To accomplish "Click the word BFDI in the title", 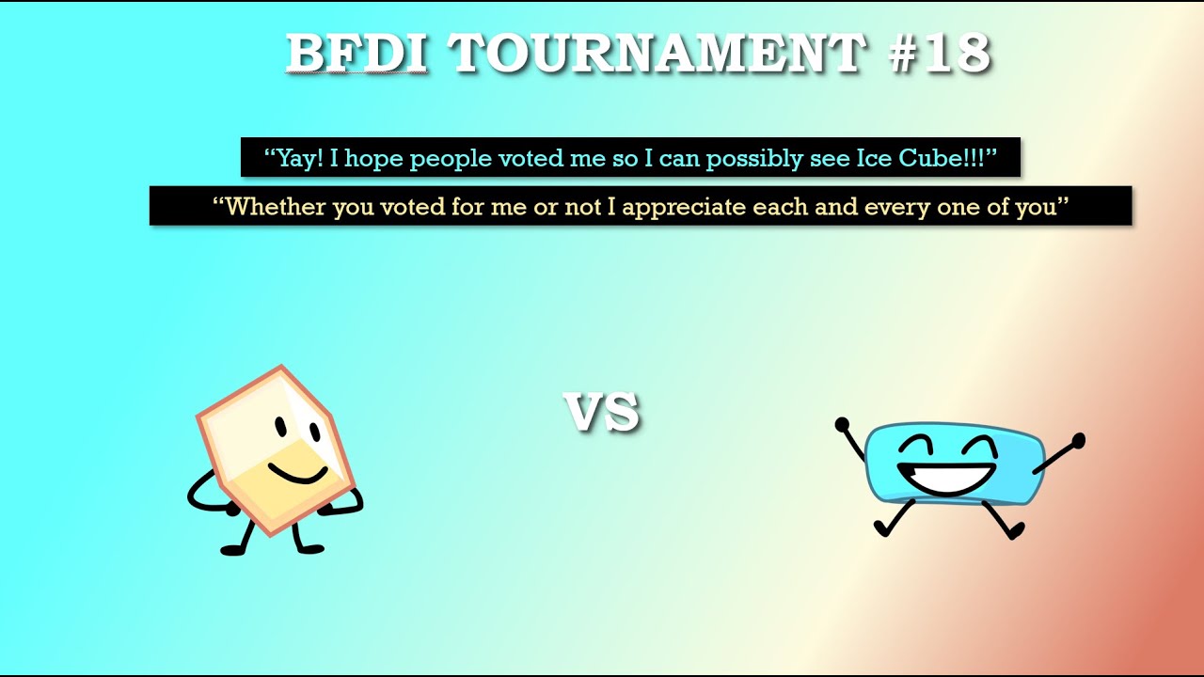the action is pyautogui.click(x=356, y=53).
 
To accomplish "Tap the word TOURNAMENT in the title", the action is pyautogui.click(x=657, y=53).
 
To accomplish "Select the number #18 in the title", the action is pyautogui.click(x=939, y=53).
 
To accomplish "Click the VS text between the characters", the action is pyautogui.click(x=601, y=412).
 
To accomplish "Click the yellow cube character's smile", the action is pyautogui.click(x=298, y=475).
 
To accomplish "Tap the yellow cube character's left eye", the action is pyautogui.click(x=281, y=428).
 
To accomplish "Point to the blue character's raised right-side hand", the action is pyautogui.click(x=1078, y=441).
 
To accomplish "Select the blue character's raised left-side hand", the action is pyautogui.click(x=842, y=424).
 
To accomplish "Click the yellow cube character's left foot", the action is pyautogui.click(x=233, y=550).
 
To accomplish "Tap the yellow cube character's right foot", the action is pyautogui.click(x=310, y=548).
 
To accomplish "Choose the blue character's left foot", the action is pyautogui.click(x=882, y=528).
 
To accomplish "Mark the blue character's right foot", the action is pyautogui.click(x=1015, y=531).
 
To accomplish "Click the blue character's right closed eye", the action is pyautogui.click(x=979, y=446).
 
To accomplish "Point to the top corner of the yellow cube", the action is pyautogui.click(x=280, y=366).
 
